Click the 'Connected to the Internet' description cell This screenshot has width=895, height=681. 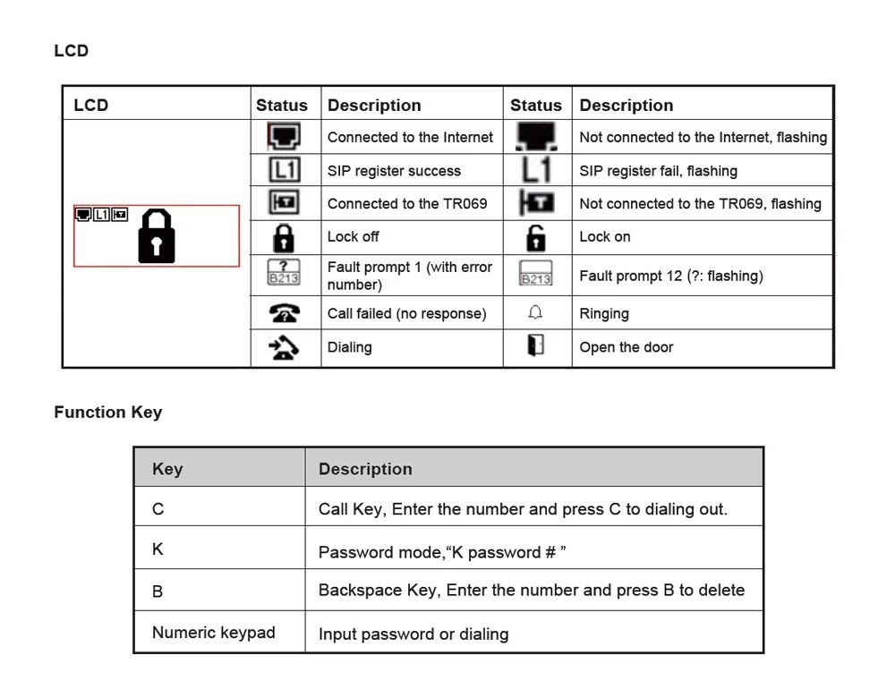click(410, 137)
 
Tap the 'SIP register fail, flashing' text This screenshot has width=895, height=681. click(658, 171)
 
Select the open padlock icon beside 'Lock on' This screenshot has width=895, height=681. click(536, 237)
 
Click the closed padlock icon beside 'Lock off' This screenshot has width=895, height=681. click(284, 237)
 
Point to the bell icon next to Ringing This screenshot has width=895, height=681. click(536, 313)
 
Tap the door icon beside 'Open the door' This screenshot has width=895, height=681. click(536, 346)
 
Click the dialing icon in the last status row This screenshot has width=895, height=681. click(284, 347)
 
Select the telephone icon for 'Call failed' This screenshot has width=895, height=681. click(284, 313)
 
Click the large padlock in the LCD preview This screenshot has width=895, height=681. click(157, 236)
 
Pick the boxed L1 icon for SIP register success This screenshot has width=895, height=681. click(285, 170)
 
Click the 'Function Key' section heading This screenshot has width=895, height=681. click(107, 413)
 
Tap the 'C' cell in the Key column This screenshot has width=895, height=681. click(158, 509)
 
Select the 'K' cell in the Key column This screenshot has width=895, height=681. click(158, 549)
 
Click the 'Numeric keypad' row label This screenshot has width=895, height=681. click(213, 633)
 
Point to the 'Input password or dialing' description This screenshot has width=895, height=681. click(413, 634)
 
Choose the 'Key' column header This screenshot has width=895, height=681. click(167, 469)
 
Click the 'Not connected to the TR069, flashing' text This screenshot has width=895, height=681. click(700, 204)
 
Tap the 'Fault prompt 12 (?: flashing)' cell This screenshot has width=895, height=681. click(670, 276)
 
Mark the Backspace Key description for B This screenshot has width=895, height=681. click(531, 591)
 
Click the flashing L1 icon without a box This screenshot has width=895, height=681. click(536, 170)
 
